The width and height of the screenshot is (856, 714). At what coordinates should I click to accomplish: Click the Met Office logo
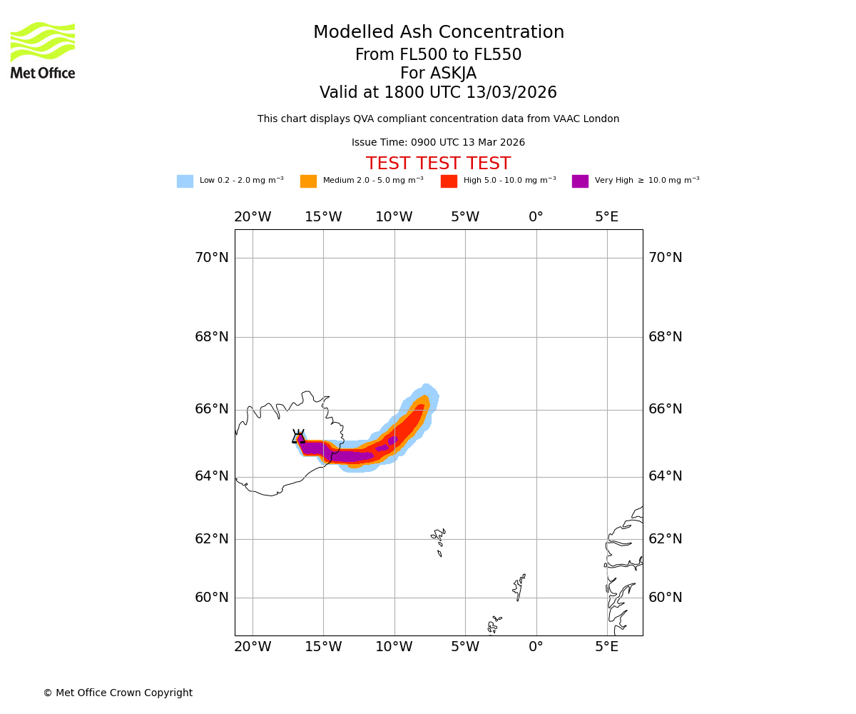[x=43, y=50]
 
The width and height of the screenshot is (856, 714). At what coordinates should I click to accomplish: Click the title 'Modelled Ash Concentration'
[x=438, y=33]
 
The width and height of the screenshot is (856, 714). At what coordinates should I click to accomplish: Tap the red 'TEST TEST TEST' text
[x=438, y=164]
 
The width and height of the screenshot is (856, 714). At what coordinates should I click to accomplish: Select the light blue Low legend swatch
[x=185, y=181]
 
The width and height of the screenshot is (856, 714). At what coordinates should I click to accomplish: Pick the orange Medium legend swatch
[x=308, y=181]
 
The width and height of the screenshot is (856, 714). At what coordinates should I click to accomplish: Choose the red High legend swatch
[x=449, y=181]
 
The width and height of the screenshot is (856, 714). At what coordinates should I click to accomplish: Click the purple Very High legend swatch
[x=580, y=181]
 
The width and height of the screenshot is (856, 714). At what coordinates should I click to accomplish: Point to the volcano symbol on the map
[x=298, y=437]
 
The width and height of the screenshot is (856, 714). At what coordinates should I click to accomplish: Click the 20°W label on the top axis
[x=253, y=217]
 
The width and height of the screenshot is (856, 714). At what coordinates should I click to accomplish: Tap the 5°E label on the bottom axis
[x=606, y=647]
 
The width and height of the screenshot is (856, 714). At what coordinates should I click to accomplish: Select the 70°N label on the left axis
[x=212, y=258]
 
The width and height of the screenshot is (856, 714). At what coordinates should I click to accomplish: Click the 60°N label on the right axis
[x=665, y=598]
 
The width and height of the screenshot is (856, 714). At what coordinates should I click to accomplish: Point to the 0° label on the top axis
[x=536, y=217]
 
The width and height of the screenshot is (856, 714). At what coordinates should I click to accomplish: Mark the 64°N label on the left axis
[x=212, y=476]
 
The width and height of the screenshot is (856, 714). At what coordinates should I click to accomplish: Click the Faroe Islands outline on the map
[x=439, y=540]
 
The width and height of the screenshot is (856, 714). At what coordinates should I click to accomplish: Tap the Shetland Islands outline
[x=519, y=587]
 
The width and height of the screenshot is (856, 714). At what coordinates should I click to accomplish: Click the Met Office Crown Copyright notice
[x=118, y=693]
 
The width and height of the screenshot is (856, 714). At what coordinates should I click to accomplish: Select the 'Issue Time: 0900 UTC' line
[x=438, y=143]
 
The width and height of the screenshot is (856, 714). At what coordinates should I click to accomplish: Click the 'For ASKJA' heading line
[x=438, y=74]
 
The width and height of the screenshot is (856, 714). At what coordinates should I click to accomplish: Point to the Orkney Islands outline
[x=494, y=624]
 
